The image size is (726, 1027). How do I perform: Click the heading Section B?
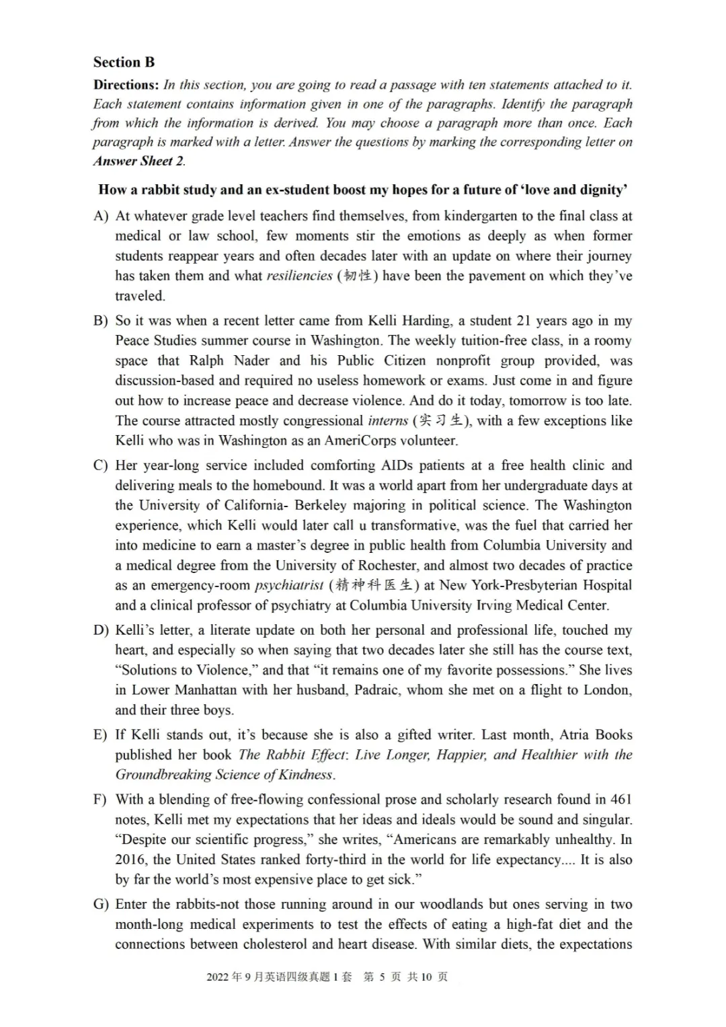(124, 63)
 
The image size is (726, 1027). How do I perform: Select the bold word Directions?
(126, 85)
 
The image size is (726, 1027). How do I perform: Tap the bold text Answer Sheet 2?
(138, 161)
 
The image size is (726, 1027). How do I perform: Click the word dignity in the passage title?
(600, 190)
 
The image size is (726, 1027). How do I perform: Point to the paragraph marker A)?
(101, 216)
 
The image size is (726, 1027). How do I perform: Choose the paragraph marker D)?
(101, 630)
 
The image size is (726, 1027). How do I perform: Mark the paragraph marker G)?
(101, 904)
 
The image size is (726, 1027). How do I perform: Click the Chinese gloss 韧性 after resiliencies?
(357, 276)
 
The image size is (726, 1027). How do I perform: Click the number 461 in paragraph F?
(620, 799)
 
